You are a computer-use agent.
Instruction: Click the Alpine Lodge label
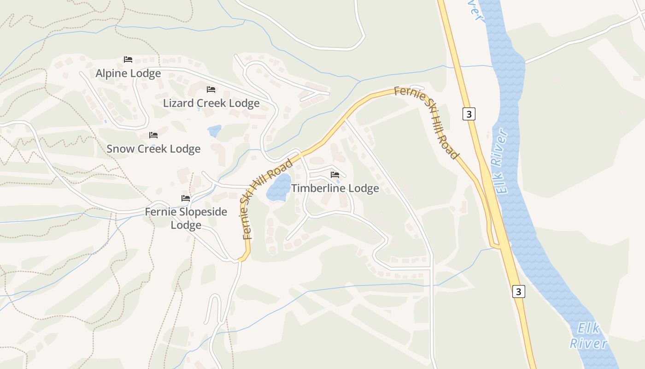click(128, 73)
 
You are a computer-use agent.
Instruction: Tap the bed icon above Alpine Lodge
click(128, 60)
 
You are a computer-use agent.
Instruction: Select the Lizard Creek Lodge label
click(211, 103)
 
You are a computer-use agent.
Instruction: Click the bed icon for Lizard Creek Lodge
click(211, 89)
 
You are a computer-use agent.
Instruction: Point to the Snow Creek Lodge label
click(153, 149)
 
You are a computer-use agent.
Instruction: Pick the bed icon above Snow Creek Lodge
click(153, 135)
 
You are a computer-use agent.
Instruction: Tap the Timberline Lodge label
click(335, 188)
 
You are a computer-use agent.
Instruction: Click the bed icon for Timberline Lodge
click(335, 175)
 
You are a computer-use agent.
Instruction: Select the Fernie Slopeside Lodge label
click(186, 218)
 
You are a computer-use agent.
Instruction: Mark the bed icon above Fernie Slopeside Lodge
click(186, 198)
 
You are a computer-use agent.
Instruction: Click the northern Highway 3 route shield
click(469, 114)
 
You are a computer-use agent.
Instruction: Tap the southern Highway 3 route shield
click(519, 292)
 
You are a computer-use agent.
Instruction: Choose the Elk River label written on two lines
click(588, 336)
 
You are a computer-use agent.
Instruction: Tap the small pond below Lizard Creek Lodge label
click(215, 131)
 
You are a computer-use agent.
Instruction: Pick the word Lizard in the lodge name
click(178, 103)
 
